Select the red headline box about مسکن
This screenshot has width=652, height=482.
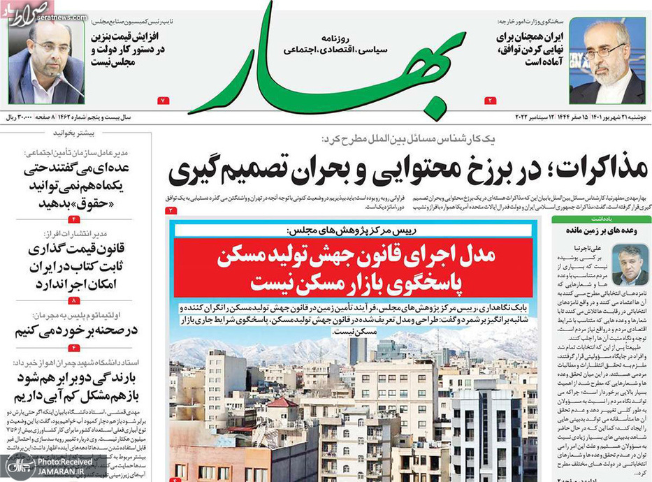click(x=354, y=269)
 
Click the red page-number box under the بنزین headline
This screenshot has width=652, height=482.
click(x=164, y=101)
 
